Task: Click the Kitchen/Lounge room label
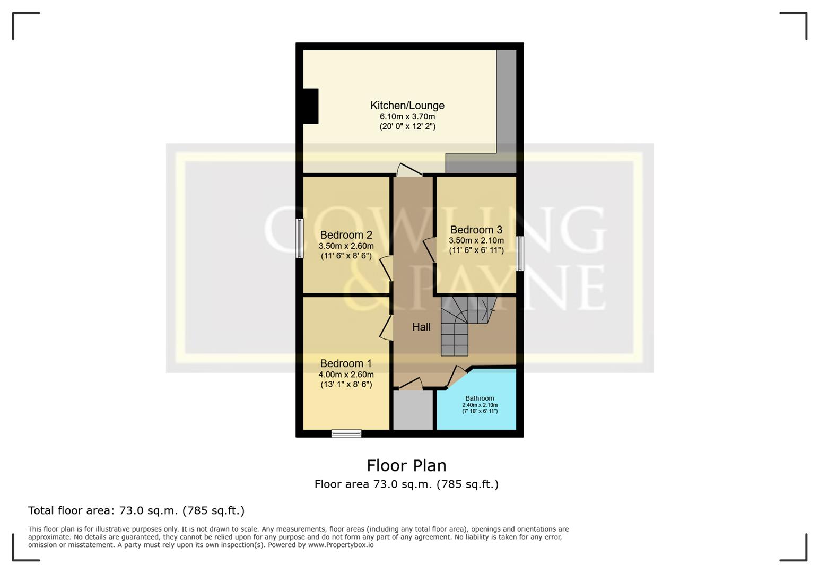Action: click(407, 106)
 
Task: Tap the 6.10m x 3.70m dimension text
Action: click(407, 117)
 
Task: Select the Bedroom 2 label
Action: click(346, 235)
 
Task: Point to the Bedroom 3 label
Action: click(476, 230)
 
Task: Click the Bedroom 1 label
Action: click(346, 363)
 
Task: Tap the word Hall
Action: click(421, 327)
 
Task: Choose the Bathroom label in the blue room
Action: click(480, 398)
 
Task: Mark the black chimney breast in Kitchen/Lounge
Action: click(310, 106)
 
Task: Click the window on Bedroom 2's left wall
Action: click(300, 238)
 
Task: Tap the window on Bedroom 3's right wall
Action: click(520, 254)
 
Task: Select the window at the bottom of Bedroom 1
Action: click(346, 433)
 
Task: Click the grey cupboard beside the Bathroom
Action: click(413, 410)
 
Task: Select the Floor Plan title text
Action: click(406, 466)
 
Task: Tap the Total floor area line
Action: click(136, 510)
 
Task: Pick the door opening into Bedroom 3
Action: click(429, 250)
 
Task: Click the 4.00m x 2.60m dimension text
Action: click(346, 375)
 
